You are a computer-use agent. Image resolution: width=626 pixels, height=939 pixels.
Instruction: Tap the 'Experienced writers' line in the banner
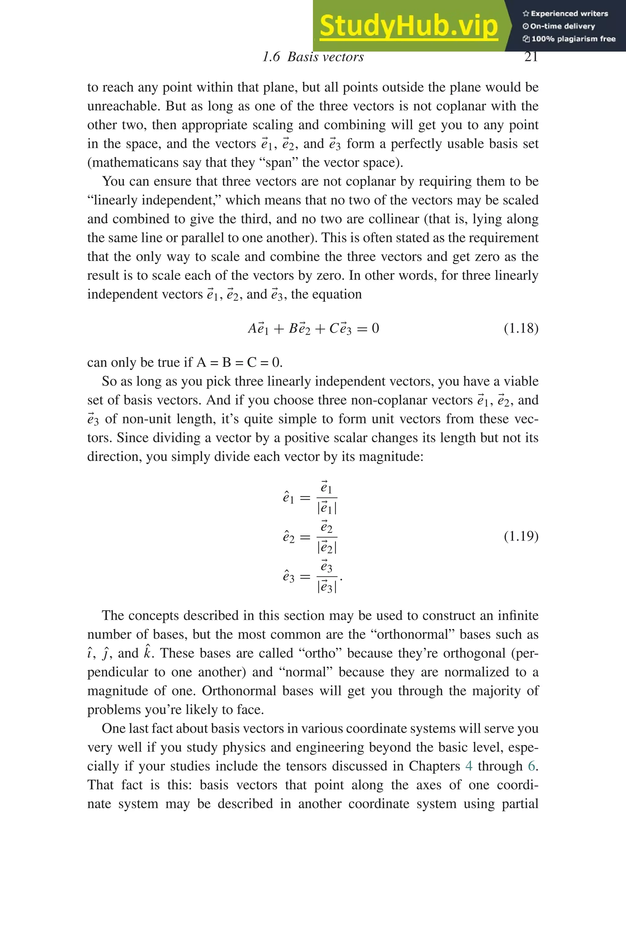click(x=565, y=13)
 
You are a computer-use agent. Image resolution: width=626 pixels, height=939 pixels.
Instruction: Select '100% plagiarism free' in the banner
click(x=569, y=39)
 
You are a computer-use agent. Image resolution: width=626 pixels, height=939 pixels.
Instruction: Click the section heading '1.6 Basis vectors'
click(x=313, y=57)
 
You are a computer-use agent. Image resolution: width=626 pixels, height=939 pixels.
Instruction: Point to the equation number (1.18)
click(x=521, y=329)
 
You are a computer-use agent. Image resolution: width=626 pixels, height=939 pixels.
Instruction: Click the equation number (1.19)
click(x=521, y=536)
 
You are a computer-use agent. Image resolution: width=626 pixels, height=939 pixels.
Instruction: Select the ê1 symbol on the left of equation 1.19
click(x=288, y=498)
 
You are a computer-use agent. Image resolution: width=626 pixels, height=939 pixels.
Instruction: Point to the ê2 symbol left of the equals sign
click(x=288, y=537)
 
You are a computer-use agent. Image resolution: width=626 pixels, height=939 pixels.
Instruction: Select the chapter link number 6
click(x=531, y=766)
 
